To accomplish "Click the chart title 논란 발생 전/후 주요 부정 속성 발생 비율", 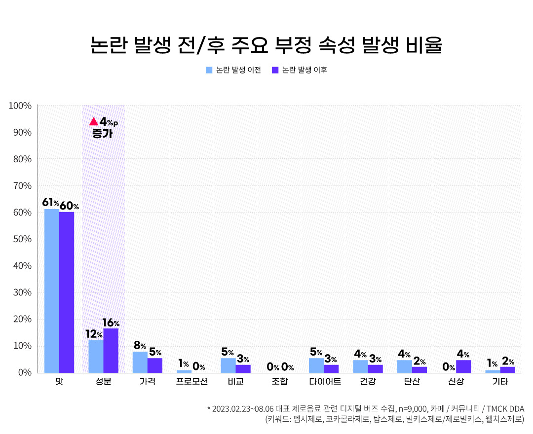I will point(266,45).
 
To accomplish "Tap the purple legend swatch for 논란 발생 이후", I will point(275,70).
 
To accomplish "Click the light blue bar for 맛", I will point(52,291).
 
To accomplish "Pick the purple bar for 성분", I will point(111,351).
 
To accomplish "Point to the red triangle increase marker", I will point(94,121).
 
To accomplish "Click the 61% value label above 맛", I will point(51,203).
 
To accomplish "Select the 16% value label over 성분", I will point(111,323).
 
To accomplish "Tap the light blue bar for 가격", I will point(140,362).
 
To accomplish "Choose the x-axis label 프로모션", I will point(192,382).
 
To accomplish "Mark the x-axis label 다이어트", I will point(324,382).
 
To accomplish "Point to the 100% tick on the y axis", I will point(20,106).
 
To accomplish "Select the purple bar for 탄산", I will point(419,369).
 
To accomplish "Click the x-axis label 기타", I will point(500,382).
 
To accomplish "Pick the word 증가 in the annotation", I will point(102,134).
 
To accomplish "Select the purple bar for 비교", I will point(243,368).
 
